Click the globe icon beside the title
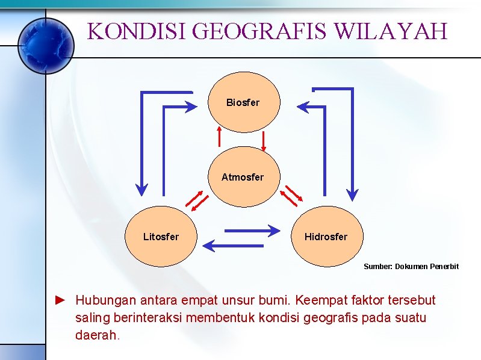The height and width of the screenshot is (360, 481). [45, 45]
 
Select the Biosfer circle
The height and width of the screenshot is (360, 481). [243, 102]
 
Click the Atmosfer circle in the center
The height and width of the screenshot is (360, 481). [243, 177]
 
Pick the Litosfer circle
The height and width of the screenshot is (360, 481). [161, 237]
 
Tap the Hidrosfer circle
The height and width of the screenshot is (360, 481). [326, 237]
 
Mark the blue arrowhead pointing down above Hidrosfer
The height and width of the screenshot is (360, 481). [353, 193]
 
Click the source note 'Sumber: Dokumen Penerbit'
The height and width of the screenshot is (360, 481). [411, 266]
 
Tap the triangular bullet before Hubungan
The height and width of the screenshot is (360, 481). [60, 299]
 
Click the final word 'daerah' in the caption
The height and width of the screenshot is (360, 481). [96, 334]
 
